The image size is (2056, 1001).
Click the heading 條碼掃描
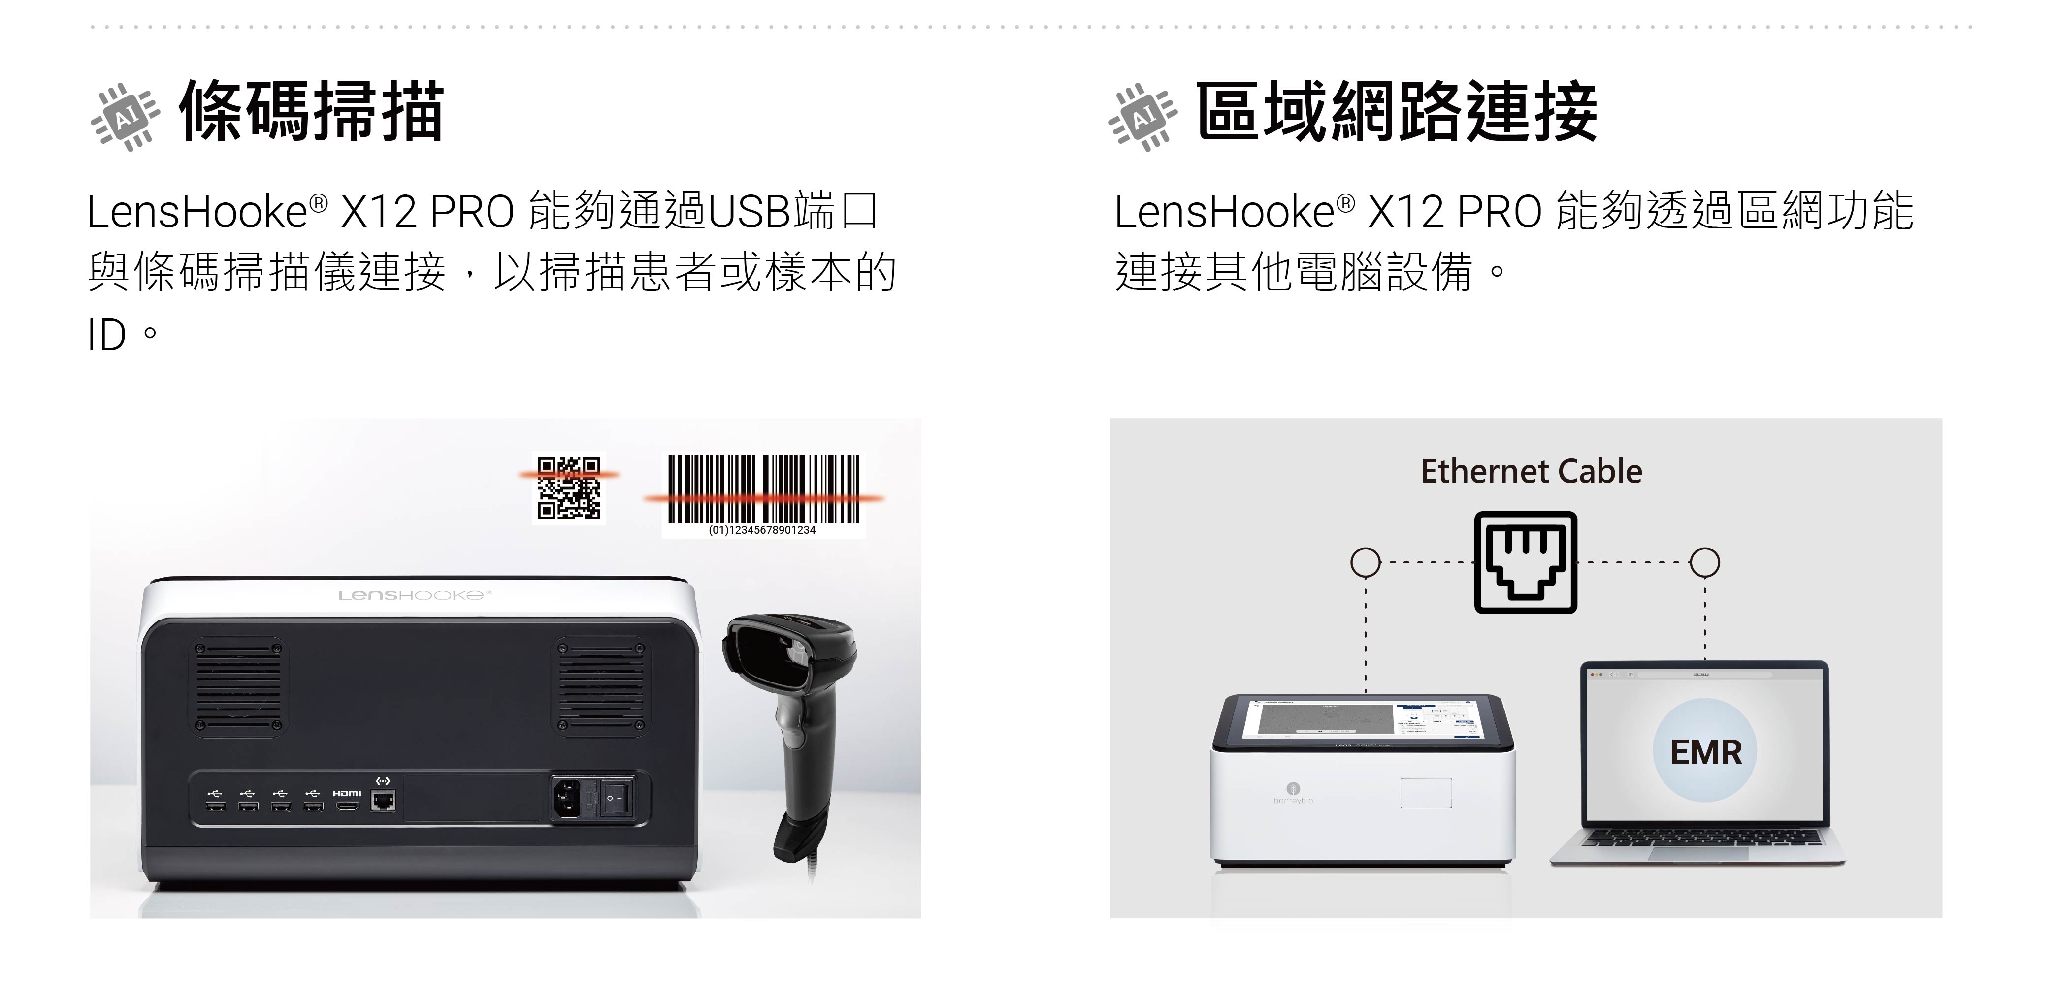click(x=311, y=112)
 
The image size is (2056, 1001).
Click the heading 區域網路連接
click(x=1397, y=112)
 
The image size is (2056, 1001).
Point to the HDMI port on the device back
click(x=346, y=806)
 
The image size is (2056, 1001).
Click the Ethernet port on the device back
click(x=383, y=801)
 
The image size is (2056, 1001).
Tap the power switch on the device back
click(x=617, y=798)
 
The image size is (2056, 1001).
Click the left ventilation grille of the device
click(x=239, y=686)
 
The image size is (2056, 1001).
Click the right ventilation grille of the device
click(x=601, y=686)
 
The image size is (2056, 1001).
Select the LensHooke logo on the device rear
click(x=415, y=595)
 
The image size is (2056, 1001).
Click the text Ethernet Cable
click(x=1532, y=471)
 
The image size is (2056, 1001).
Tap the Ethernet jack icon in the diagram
click(x=1525, y=562)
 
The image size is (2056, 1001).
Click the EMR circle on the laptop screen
click(x=1705, y=750)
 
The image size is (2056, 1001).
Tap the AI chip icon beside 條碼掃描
click(x=125, y=117)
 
